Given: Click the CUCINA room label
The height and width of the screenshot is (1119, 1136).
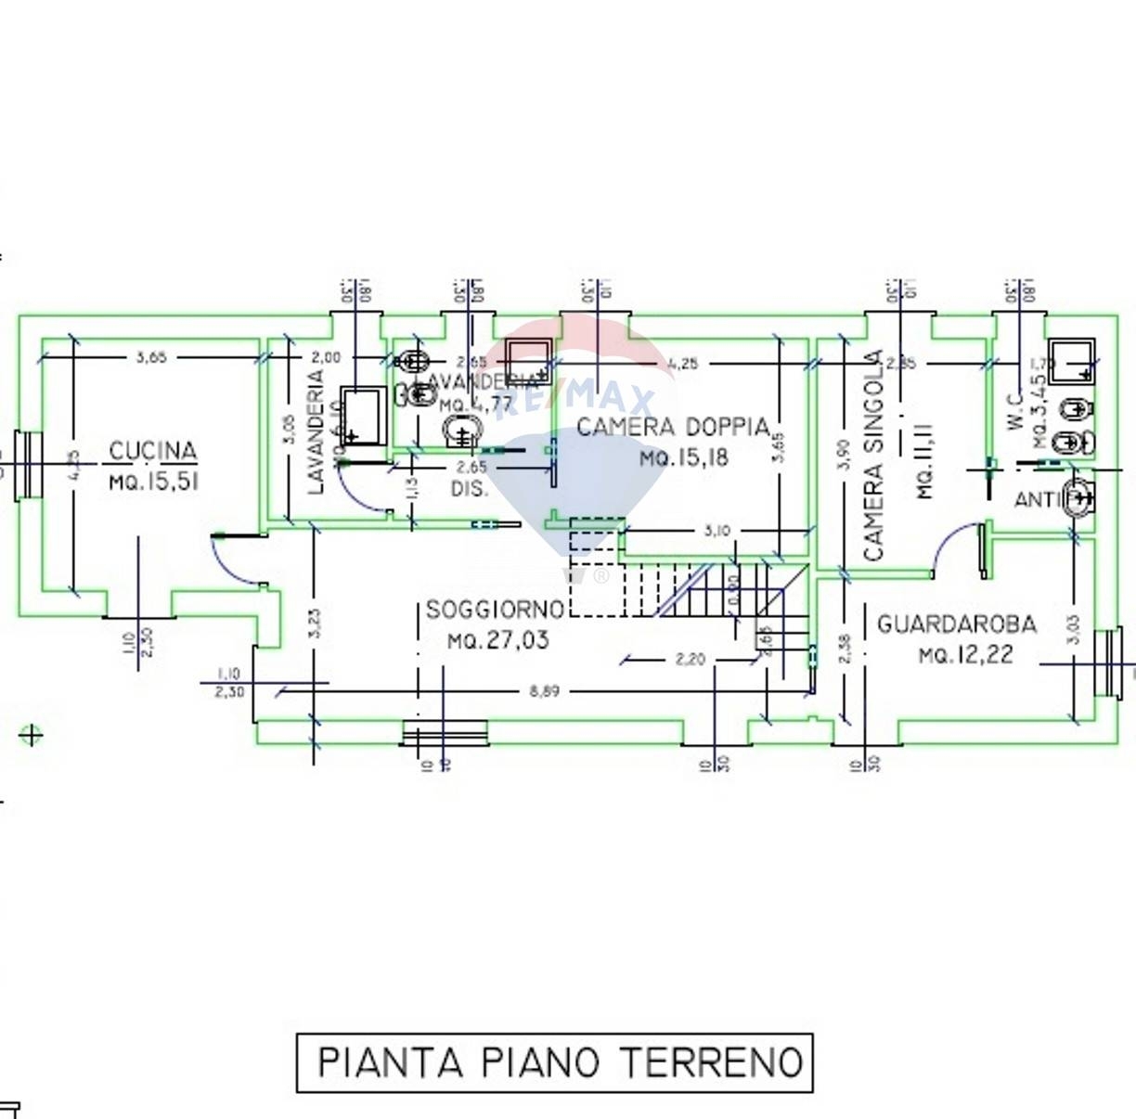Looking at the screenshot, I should [x=153, y=451].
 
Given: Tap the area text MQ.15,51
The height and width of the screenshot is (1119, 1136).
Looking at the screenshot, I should [x=153, y=482].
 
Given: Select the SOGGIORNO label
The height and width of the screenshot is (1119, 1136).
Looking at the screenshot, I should [x=495, y=610].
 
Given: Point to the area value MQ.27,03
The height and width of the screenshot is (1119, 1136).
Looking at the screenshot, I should [x=497, y=640].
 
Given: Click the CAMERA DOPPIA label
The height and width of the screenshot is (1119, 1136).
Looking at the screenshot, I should [x=674, y=427].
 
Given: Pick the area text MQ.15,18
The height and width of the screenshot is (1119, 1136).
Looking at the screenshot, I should [x=684, y=457].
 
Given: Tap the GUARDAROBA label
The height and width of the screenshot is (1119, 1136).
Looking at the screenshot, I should [x=956, y=624].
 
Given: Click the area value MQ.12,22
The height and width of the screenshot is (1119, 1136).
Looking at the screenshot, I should [x=965, y=655].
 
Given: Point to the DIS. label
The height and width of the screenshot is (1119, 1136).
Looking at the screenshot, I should [x=470, y=489].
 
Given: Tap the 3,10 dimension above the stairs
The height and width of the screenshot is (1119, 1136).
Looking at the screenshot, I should [x=716, y=531].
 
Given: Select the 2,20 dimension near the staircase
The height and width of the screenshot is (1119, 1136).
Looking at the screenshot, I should [x=690, y=660].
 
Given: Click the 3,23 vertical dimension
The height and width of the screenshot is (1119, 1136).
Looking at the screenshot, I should [x=315, y=622].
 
